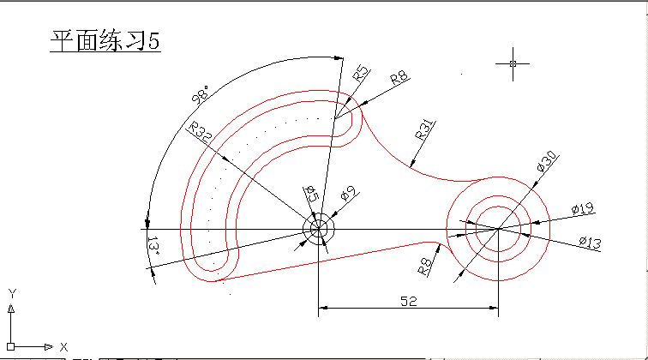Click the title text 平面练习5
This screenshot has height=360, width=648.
tap(105, 42)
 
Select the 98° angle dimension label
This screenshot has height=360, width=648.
tap(201, 94)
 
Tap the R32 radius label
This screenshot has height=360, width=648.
tap(201, 133)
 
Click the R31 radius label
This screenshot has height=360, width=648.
tap(424, 129)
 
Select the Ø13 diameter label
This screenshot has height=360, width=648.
tap(590, 243)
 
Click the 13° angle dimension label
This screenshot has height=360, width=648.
tap(153, 246)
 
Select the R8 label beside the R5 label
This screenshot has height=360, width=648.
tap(399, 78)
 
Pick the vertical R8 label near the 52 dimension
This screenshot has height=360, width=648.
tap(423, 266)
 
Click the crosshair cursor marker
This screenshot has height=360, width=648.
tap(513, 63)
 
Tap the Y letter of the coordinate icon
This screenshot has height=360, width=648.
tap(12, 293)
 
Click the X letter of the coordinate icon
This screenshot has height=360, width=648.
tap(63, 347)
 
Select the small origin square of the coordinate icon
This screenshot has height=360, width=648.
tap(11, 346)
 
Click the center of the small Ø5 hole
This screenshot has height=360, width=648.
tap(318, 230)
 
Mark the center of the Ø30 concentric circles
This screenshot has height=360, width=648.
tap(498, 230)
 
